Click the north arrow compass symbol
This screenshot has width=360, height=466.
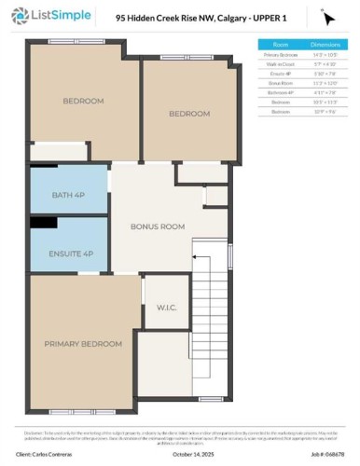tap(327, 18)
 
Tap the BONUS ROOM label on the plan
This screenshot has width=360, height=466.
tap(157, 226)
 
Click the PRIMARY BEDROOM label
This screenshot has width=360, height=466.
tap(83, 344)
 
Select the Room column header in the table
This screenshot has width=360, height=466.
tap(281, 44)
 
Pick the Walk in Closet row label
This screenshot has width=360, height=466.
tap(281, 63)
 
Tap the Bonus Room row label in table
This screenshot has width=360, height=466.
tap(281, 82)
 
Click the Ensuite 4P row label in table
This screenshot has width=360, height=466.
tap(281, 73)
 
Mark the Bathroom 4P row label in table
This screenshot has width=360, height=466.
tap(281, 91)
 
